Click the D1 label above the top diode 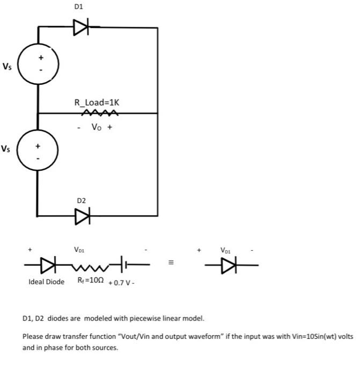coord(78,6)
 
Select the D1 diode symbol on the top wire coord(81,26)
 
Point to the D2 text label coord(81,200)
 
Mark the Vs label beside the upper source coord(6,67)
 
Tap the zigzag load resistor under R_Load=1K coord(95,113)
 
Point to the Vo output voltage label coord(95,128)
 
